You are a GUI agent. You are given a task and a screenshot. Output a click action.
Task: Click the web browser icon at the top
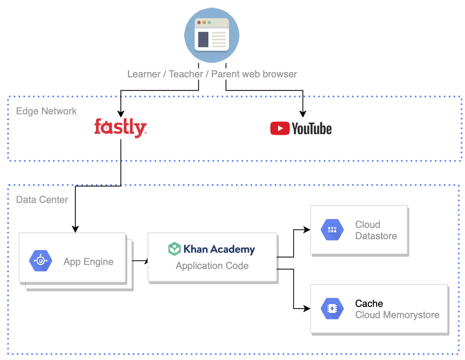(212, 35)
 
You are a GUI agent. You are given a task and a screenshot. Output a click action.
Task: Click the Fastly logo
(120, 128)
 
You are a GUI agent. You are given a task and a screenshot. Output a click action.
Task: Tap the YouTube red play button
(280, 128)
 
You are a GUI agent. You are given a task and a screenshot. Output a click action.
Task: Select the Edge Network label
(46, 111)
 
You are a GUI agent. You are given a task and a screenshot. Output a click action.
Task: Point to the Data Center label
(42, 199)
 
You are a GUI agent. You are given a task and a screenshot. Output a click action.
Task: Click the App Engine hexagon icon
(41, 261)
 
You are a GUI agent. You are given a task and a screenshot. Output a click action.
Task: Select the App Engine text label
(88, 262)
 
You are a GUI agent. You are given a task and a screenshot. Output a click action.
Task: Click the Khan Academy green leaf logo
(174, 249)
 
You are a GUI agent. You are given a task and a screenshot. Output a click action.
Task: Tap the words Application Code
(212, 266)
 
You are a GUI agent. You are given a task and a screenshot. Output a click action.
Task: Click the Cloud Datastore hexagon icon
(332, 230)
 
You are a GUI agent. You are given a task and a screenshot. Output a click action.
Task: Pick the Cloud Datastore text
(376, 230)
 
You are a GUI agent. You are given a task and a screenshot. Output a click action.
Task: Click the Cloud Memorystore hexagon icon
(332, 309)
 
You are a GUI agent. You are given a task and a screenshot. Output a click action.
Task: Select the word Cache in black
(369, 304)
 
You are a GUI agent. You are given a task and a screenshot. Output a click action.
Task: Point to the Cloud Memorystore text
(397, 315)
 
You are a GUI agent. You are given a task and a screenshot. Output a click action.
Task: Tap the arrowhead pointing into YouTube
(303, 114)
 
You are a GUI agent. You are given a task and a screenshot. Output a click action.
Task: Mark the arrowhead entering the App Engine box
(75, 229)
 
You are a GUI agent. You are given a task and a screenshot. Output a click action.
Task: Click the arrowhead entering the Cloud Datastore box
(307, 230)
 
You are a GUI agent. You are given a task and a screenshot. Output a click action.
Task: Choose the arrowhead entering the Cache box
(307, 309)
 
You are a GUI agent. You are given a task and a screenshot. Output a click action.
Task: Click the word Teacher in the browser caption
(186, 74)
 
